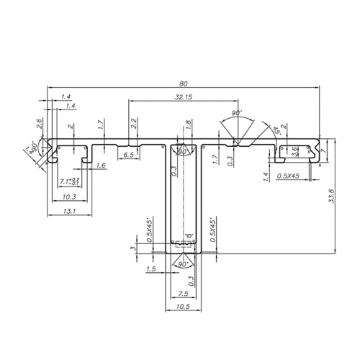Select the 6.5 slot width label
(128, 155)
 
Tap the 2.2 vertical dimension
(134, 123)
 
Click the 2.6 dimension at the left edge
(39, 125)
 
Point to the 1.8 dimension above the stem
(188, 125)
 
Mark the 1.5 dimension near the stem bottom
(150, 269)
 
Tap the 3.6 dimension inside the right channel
(294, 150)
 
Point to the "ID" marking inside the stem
(189, 236)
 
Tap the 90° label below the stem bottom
(179, 264)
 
